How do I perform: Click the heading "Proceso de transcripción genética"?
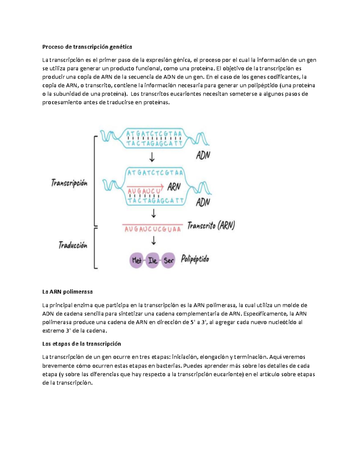(87, 47)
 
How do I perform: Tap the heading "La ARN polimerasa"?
(67, 292)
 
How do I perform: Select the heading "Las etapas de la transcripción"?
(82, 344)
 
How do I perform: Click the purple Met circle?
(136, 260)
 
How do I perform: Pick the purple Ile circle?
(152, 260)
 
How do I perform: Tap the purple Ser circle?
(168, 260)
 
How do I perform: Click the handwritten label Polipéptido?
(195, 259)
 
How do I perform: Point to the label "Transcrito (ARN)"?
(211, 226)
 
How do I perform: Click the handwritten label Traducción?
(73, 245)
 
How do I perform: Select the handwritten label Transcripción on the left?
(69, 183)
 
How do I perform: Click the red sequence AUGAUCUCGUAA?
(153, 229)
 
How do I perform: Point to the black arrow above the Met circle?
(154, 241)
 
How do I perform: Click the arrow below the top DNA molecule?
(152, 157)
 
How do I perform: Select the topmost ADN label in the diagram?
(203, 155)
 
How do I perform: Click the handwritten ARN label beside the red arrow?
(174, 187)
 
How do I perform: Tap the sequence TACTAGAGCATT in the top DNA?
(154, 143)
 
